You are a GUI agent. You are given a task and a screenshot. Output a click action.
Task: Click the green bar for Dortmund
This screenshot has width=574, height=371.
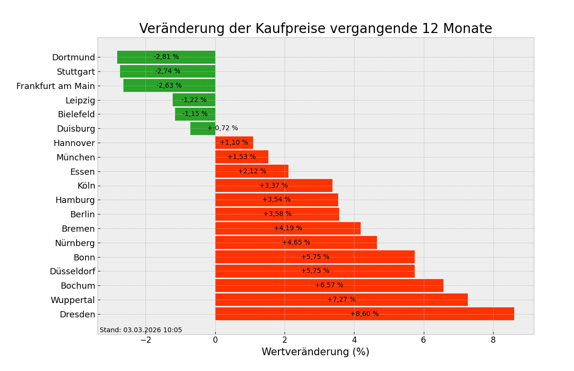tap(166, 57)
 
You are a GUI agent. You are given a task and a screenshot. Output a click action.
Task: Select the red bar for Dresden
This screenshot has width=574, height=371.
tap(364, 314)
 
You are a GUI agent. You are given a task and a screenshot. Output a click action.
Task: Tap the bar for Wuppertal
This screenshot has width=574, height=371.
tap(342, 300)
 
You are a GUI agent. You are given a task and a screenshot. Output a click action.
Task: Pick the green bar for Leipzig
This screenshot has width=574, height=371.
tap(194, 100)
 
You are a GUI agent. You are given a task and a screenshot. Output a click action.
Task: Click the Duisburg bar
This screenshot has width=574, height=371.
tap(203, 128)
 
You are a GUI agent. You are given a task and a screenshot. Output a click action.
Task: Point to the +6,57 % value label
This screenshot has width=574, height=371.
tap(329, 285)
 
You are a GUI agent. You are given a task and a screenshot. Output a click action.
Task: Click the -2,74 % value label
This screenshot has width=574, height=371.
tap(167, 71)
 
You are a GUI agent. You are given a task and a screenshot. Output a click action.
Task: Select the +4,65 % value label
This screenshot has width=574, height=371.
tap(296, 243)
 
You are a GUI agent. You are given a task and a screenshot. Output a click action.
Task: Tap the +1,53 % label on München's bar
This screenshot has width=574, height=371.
tap(242, 157)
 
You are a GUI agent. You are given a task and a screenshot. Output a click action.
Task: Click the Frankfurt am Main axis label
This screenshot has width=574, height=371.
tap(55, 86)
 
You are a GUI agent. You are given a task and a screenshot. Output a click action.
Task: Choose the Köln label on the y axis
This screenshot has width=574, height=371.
tap(86, 186)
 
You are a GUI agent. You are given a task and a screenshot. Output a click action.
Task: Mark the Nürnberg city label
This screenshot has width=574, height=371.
tap(75, 243)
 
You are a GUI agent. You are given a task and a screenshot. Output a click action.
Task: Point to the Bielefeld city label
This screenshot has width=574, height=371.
tap(76, 114)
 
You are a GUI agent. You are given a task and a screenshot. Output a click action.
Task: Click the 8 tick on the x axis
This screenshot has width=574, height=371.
tap(493, 340)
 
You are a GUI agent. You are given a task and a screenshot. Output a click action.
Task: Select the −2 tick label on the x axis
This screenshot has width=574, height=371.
tap(145, 340)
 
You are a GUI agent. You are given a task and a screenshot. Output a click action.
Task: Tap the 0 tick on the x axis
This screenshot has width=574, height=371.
tap(215, 340)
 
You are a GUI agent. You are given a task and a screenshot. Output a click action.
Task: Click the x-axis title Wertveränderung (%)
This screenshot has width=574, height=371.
tap(315, 352)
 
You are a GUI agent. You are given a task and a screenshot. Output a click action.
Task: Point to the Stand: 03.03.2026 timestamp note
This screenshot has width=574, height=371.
tap(141, 330)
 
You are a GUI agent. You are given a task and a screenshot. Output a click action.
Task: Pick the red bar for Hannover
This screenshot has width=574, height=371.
tap(234, 143)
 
